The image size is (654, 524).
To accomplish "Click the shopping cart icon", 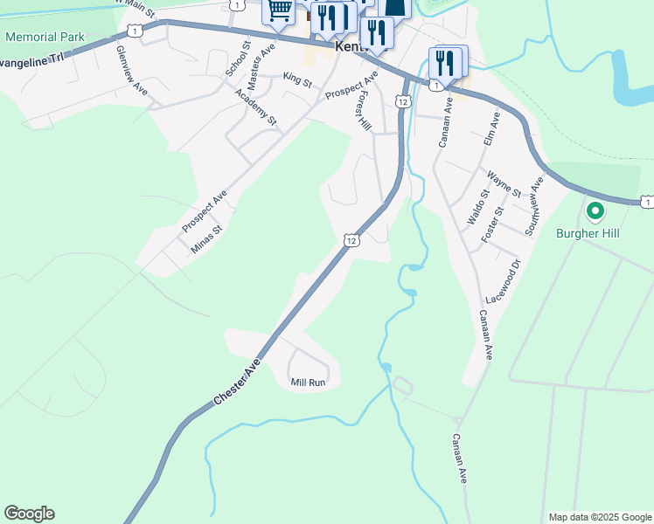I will (x=278, y=11).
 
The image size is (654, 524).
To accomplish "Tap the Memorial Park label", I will (x=45, y=38).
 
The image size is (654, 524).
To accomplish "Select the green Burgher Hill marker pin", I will (x=595, y=211).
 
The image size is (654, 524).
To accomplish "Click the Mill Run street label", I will (x=308, y=383).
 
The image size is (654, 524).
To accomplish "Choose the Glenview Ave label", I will (x=132, y=69).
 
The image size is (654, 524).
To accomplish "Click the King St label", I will (x=297, y=80).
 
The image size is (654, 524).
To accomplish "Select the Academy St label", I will (x=254, y=107).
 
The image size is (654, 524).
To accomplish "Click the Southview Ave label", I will (x=533, y=206).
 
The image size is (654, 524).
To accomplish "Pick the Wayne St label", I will (x=504, y=185).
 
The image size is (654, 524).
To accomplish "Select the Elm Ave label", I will (x=490, y=128).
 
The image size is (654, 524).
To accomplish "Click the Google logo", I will (x=29, y=514).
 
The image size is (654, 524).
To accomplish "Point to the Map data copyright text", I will (x=599, y=517).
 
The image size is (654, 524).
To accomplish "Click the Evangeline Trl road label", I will (x=33, y=58).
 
